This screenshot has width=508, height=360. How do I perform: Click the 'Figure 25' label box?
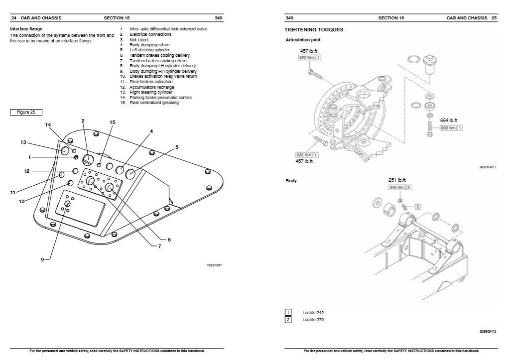26,112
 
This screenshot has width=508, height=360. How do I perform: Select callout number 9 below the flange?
43,259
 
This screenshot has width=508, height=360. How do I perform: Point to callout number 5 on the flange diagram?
177,147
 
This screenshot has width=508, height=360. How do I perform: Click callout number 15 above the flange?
112,122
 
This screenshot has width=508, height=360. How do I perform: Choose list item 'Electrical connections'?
150,34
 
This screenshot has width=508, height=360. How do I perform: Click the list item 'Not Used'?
138,40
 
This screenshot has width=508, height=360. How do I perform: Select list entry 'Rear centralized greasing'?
154,103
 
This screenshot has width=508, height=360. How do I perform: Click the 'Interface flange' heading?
26,29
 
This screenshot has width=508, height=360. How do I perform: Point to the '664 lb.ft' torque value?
448,120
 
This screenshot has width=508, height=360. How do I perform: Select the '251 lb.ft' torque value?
398,180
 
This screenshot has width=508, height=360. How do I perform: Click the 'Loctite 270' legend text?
313,320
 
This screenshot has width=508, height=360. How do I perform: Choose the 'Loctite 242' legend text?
313,313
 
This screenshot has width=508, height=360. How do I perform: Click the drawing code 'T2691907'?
214,265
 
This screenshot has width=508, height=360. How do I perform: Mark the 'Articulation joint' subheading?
303,39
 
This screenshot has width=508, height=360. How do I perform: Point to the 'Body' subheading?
291,181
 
